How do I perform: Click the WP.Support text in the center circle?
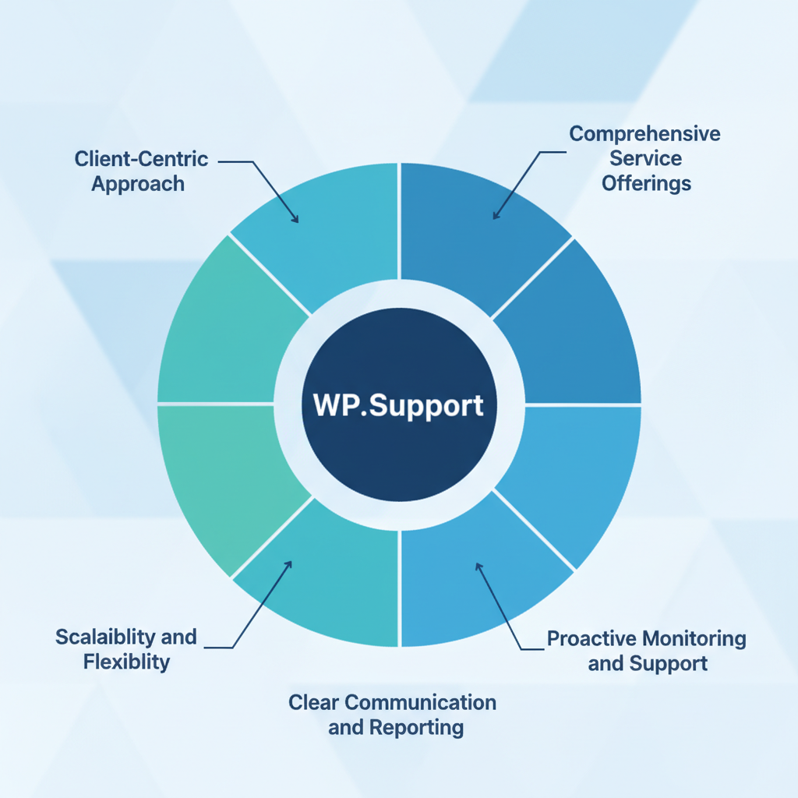pyautogui.click(x=398, y=406)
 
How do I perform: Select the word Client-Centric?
pyautogui.click(x=141, y=159)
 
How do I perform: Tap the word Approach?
pyautogui.click(x=138, y=185)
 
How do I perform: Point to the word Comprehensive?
pyautogui.click(x=644, y=134)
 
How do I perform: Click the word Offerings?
pyautogui.click(x=646, y=184)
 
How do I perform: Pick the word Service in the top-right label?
pyautogui.click(x=646, y=159)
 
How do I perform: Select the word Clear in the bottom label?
pyautogui.click(x=315, y=702)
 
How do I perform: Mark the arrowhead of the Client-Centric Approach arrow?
pyautogui.click(x=296, y=221)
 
